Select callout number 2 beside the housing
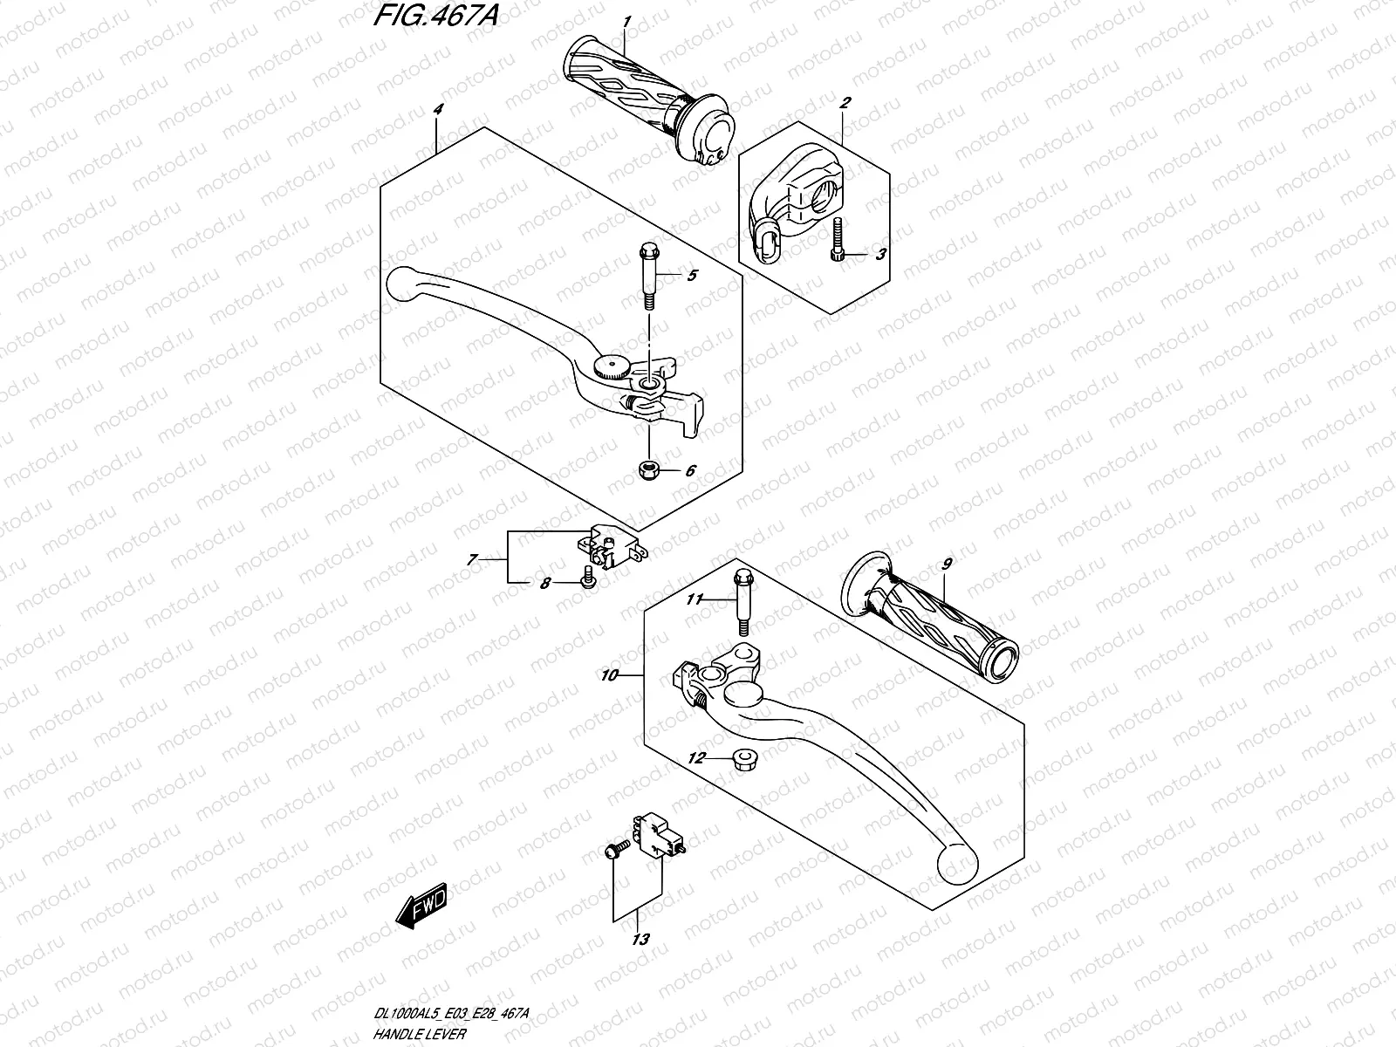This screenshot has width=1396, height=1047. [x=844, y=103]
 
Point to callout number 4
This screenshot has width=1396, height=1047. [x=438, y=109]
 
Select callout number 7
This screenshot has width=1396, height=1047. [x=472, y=560]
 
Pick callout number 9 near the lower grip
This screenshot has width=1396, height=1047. [x=948, y=564]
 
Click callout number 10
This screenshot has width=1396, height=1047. [x=609, y=676]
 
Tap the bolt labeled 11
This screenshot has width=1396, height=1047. [x=742, y=602]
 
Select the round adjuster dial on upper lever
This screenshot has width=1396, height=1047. [x=607, y=366]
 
